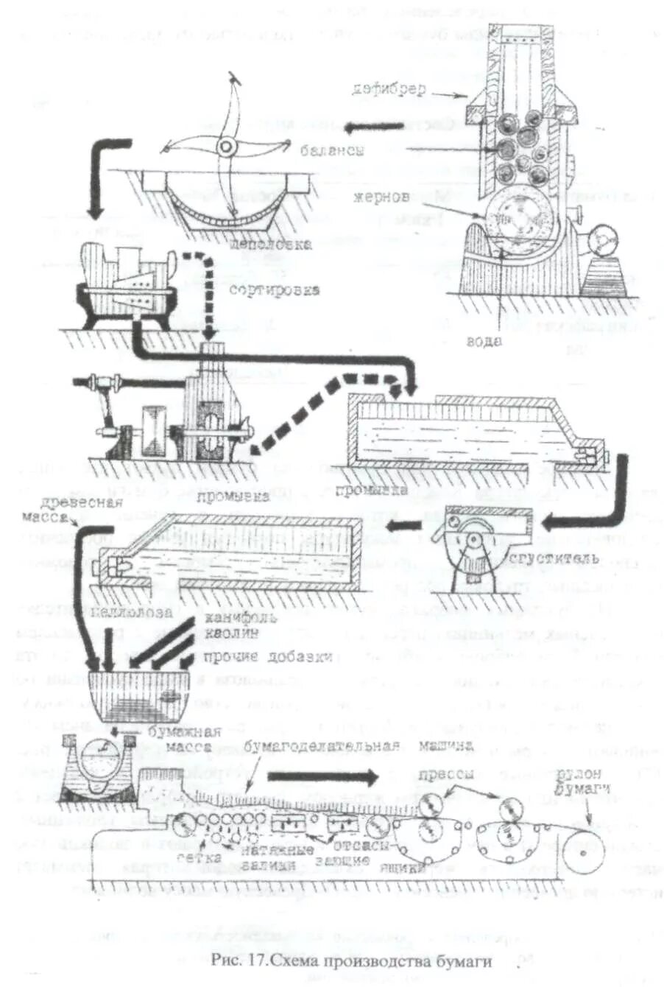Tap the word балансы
(x=332, y=150)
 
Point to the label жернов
(x=381, y=198)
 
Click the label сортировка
(x=274, y=289)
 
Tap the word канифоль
(x=230, y=617)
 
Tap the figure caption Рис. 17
(x=349, y=960)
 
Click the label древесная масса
(x=90, y=510)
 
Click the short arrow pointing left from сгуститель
(x=406, y=524)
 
